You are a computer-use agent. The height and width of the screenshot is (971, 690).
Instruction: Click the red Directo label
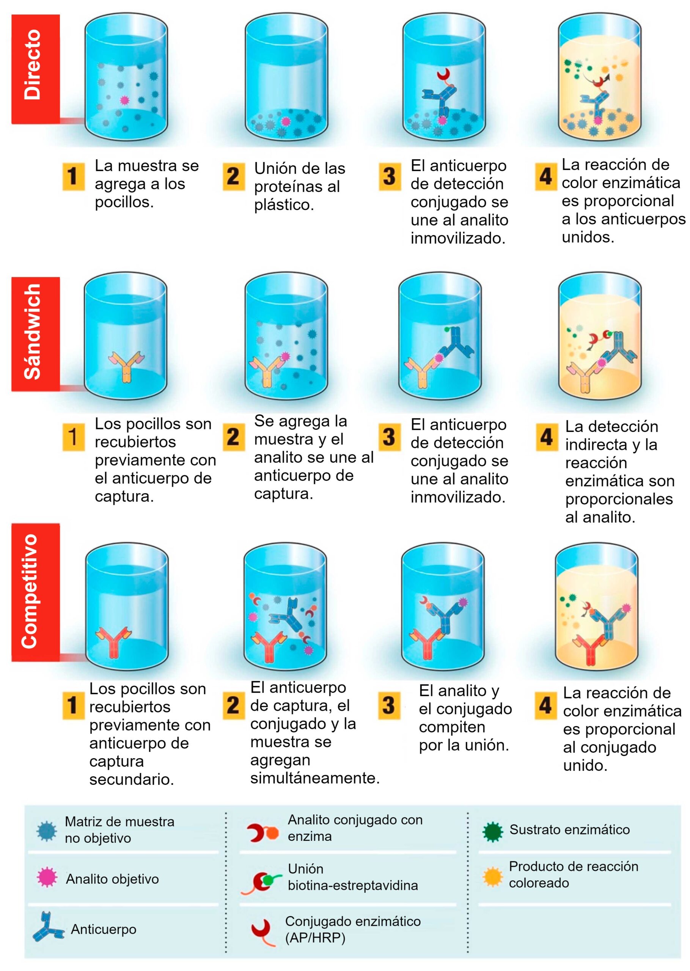tap(35, 69)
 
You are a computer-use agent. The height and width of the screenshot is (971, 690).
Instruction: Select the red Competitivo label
tap(35, 592)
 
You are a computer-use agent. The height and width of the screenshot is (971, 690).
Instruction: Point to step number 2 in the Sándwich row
tap(233, 437)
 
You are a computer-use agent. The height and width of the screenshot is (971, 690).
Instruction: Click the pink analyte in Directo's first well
tap(124, 100)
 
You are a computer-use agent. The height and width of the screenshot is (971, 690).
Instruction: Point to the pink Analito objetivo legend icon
tap(47, 878)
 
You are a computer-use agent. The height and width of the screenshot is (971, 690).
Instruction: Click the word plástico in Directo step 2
tap(284, 205)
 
